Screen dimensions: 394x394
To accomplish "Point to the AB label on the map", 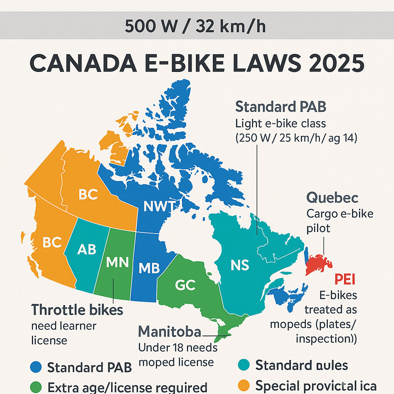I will tap(87, 249).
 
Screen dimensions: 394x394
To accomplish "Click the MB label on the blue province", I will tap(149, 268).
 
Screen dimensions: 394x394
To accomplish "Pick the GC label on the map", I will tap(185, 285).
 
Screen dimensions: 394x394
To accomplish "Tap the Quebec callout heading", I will tap(332, 198).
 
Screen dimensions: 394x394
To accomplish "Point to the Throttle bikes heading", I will tap(77, 310).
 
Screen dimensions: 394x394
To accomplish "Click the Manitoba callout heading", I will tap(169, 331).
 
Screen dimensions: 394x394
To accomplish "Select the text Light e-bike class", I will tap(280, 124).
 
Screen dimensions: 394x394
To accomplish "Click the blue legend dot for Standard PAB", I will tap(35, 367).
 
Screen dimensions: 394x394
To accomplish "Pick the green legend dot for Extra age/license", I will tap(35, 386).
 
